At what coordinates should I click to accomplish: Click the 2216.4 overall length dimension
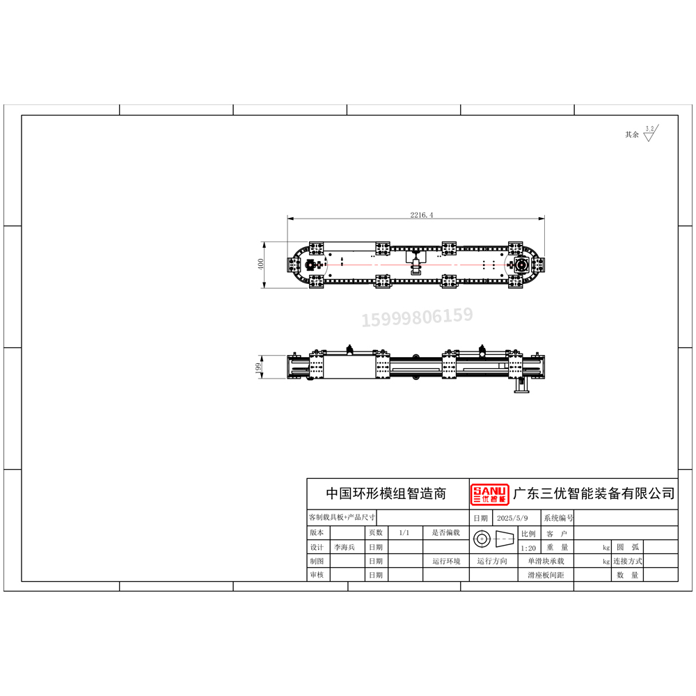click(x=421, y=215)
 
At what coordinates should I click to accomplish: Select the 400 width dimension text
click(x=260, y=264)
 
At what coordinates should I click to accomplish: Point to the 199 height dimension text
click(x=258, y=367)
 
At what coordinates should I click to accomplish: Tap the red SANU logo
click(x=489, y=494)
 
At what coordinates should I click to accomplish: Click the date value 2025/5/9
click(x=512, y=518)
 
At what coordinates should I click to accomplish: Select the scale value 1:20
click(x=528, y=548)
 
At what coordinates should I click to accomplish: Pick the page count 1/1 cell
click(x=404, y=532)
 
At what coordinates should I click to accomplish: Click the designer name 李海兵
click(x=345, y=547)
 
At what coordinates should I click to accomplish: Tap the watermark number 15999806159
click(x=417, y=317)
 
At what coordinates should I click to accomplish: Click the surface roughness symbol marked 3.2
click(x=651, y=133)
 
